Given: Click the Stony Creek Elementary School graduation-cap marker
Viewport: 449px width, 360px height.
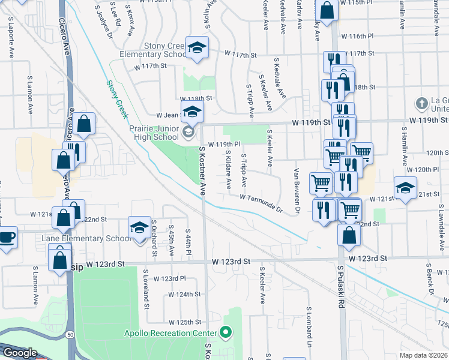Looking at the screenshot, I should [196, 48].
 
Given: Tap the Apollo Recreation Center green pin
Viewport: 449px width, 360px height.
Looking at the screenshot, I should [226, 332].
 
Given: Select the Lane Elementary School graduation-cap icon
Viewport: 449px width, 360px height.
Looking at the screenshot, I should [139, 229].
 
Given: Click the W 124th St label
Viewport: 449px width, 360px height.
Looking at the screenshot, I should [184, 295].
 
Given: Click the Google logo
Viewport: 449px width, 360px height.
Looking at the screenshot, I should [19, 353].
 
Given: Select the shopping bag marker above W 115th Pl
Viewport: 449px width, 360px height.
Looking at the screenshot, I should [327, 11].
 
